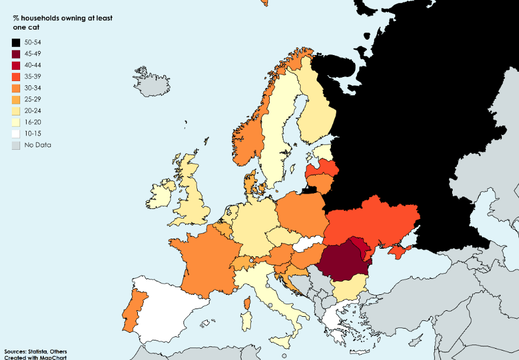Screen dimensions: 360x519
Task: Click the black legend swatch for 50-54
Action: click(16, 43)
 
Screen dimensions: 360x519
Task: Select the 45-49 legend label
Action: click(33, 54)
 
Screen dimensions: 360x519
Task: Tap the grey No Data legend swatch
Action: click(16, 145)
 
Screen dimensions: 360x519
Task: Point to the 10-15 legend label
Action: click(33, 134)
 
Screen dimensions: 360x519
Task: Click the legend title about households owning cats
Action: click(62, 22)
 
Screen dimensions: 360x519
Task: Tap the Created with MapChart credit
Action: click(35, 358)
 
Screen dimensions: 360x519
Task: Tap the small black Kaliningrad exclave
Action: click(308, 190)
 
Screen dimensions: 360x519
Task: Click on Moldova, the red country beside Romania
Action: click(362, 247)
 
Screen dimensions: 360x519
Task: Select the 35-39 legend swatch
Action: click(16, 77)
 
